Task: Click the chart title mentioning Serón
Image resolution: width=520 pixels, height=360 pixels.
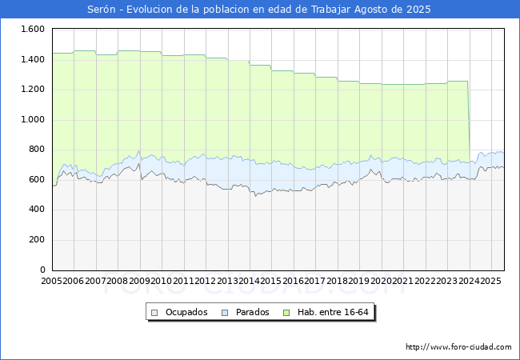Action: click(259, 10)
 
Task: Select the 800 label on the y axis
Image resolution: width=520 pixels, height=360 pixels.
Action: click(35, 150)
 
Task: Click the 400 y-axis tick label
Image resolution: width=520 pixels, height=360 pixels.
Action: click(35, 210)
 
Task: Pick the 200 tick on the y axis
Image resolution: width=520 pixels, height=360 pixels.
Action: click(35, 239)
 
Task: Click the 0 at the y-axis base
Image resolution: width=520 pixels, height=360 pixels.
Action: click(41, 270)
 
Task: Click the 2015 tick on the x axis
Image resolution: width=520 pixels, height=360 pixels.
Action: click(271, 281)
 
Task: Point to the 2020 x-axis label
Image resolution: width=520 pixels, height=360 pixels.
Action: click(381, 281)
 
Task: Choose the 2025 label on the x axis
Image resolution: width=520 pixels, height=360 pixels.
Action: click(490, 281)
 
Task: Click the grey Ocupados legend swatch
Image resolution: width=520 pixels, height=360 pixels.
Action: click(156, 312)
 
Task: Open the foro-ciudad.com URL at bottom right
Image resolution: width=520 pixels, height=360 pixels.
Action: click(458, 347)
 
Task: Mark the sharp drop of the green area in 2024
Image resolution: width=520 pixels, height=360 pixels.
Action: click(469, 120)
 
